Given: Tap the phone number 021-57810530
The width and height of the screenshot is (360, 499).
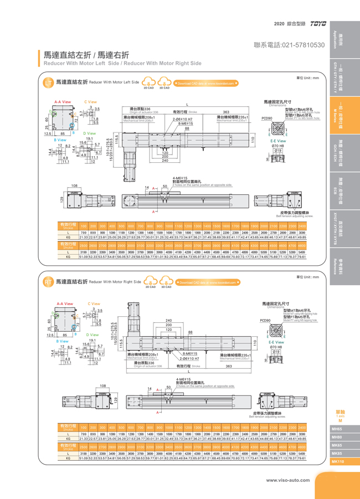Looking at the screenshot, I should pyautogui.click(x=289, y=44).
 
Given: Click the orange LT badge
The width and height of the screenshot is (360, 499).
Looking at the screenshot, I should pyautogui.click(x=48, y=82).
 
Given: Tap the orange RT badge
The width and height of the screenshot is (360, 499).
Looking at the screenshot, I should pyautogui.click(x=48, y=282).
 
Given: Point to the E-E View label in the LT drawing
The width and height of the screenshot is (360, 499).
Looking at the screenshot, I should pyautogui.click(x=278, y=141).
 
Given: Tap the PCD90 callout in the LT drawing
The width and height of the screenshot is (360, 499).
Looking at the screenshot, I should pyautogui.click(x=267, y=118).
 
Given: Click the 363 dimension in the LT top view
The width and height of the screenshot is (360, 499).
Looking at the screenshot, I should pyautogui.click(x=227, y=111).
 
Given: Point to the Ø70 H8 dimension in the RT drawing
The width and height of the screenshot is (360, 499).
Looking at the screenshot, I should pyautogui.click(x=277, y=347).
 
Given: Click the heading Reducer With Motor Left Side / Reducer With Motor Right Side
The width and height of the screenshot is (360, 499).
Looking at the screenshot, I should pyautogui.click(x=119, y=63).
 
